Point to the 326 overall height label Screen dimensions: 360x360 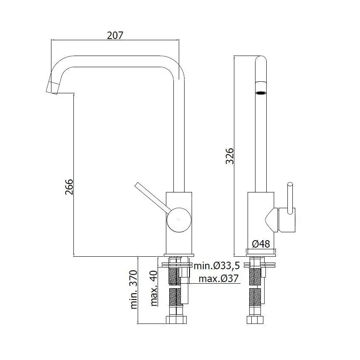pyautogui.click(x=229, y=156)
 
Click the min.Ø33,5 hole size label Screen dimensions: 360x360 pyautogui.click(x=217, y=265)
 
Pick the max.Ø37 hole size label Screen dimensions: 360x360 pyautogui.click(x=219, y=279)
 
